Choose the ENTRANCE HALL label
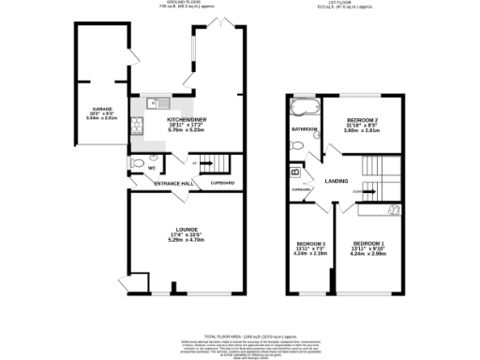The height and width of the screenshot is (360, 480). (x=173, y=183)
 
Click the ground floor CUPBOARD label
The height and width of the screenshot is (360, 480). (x=222, y=183)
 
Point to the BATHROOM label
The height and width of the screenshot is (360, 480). (x=304, y=129)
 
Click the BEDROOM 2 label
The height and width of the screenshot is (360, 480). (x=362, y=121)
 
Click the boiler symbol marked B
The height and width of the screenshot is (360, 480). (x=295, y=172)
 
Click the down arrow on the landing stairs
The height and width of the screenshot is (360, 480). (x=357, y=192)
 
